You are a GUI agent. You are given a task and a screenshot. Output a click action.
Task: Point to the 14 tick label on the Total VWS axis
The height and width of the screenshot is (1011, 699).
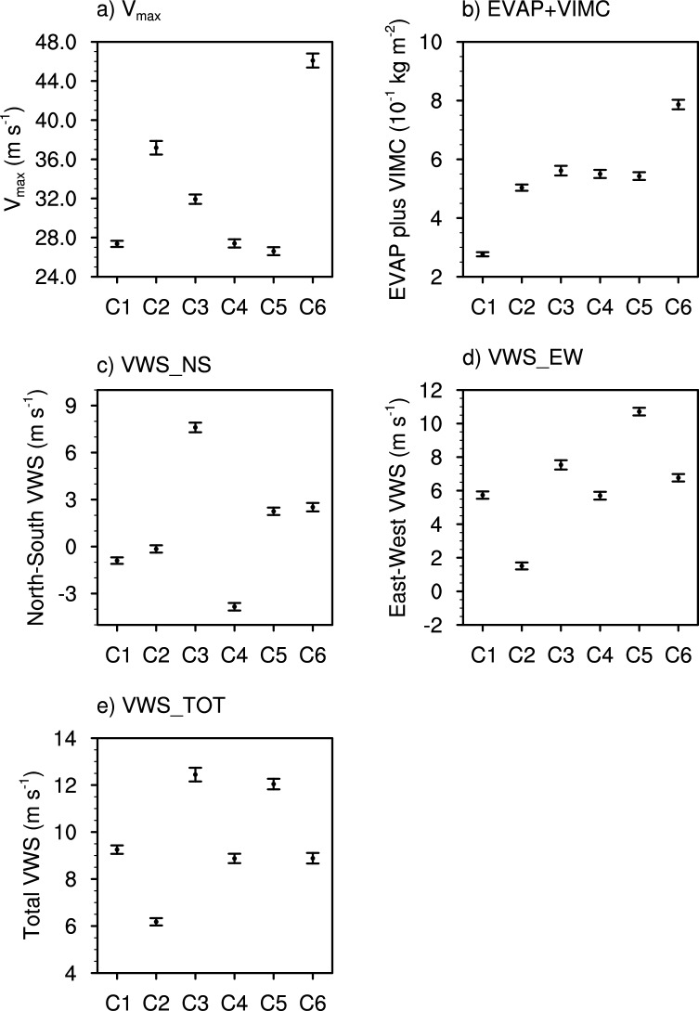(x=73, y=739)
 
